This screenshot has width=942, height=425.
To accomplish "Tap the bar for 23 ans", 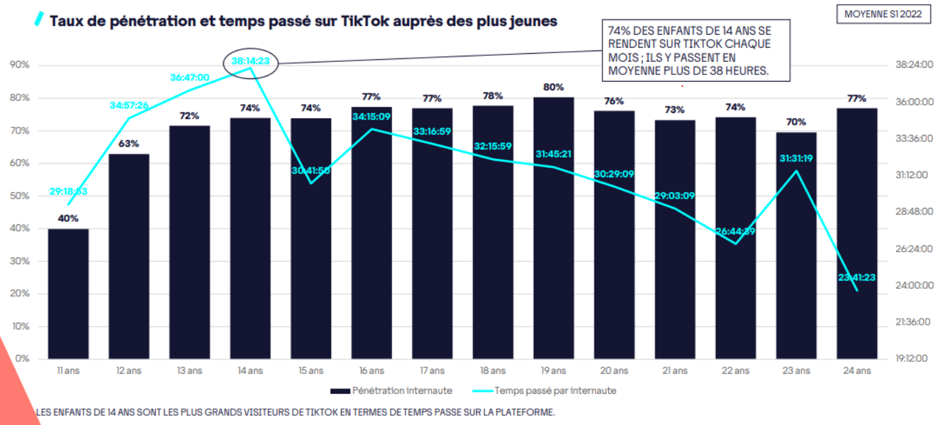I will pos(796,246).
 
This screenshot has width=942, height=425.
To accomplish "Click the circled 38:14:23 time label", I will pos(251,62).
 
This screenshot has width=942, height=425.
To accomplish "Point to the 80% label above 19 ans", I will pos(553,87).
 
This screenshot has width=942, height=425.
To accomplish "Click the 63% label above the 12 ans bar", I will pos(129,143).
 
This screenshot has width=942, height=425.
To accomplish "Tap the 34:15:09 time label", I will pos(371,117).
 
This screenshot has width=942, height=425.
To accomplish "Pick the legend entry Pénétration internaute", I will pos(391,390).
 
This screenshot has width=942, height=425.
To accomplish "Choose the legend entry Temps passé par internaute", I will pos(547,390).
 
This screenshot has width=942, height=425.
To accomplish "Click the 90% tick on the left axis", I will pos(20,65).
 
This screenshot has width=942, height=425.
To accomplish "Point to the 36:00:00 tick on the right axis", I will pos(914,102).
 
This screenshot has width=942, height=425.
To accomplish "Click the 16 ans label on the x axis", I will pos(371,371).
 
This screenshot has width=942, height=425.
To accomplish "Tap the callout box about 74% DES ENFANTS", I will pos(696,50).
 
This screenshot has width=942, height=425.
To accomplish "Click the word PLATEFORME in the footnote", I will pos(527,412).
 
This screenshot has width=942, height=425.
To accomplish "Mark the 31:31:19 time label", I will pos(796,159).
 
